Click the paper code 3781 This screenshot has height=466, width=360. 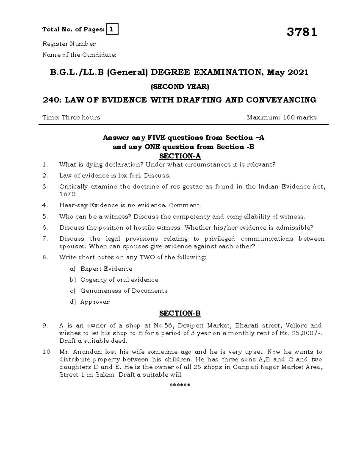click(x=301, y=32)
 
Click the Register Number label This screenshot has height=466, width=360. click(x=70, y=44)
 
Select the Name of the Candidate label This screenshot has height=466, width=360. click(x=79, y=55)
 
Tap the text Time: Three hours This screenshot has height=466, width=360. click(x=71, y=117)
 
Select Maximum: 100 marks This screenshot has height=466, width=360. click(x=281, y=117)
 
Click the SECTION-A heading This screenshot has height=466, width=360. click(x=180, y=156)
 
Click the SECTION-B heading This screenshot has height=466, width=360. click(x=180, y=313)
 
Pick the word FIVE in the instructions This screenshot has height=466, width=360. click(x=156, y=137)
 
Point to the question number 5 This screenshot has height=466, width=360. click(x=45, y=216)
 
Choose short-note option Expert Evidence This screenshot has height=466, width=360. click(x=106, y=269)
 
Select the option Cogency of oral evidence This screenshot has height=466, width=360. click(x=119, y=280)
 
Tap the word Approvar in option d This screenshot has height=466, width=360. click(x=95, y=302)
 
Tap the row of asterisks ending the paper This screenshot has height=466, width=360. click(x=180, y=385)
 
